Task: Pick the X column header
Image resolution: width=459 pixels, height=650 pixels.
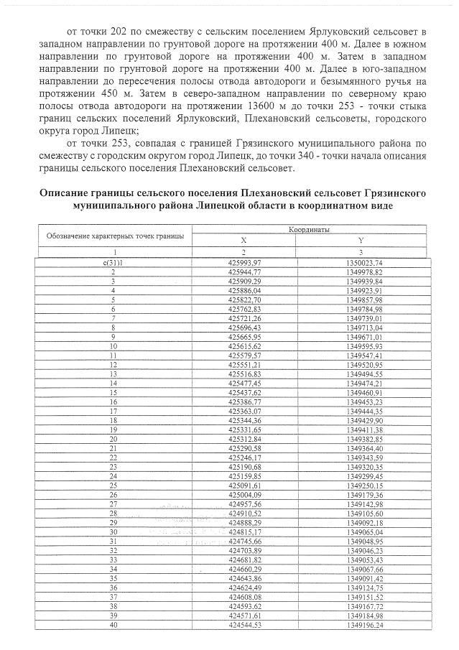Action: tap(243, 240)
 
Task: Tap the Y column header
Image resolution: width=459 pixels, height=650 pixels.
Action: tap(359, 240)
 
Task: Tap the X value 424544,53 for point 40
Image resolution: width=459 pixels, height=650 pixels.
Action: tap(243, 625)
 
